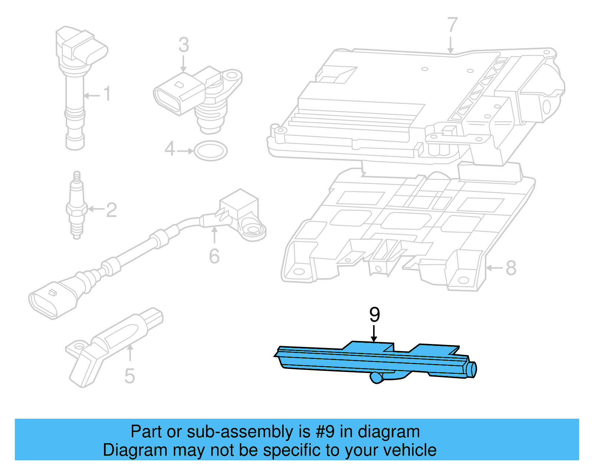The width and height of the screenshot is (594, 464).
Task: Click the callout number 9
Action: tap(375, 315)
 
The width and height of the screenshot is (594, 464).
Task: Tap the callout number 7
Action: tap(451, 25)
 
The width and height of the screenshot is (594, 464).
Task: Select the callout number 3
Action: tap(183, 45)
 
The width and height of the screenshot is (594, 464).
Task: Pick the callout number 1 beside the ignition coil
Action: tap(107, 94)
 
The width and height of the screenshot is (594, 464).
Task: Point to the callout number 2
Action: tap(111, 210)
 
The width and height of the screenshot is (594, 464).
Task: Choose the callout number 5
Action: tap(129, 376)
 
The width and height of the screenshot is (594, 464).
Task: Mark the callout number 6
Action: tap(214, 256)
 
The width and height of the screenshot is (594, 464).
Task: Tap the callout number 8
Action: tap(511, 268)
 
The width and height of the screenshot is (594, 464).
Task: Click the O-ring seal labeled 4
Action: tap(211, 151)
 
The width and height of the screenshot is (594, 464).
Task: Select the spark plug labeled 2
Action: tap(77, 206)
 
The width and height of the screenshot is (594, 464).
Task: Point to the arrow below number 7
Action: tap(450, 45)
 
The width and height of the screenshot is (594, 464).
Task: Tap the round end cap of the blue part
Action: tap(472, 369)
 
